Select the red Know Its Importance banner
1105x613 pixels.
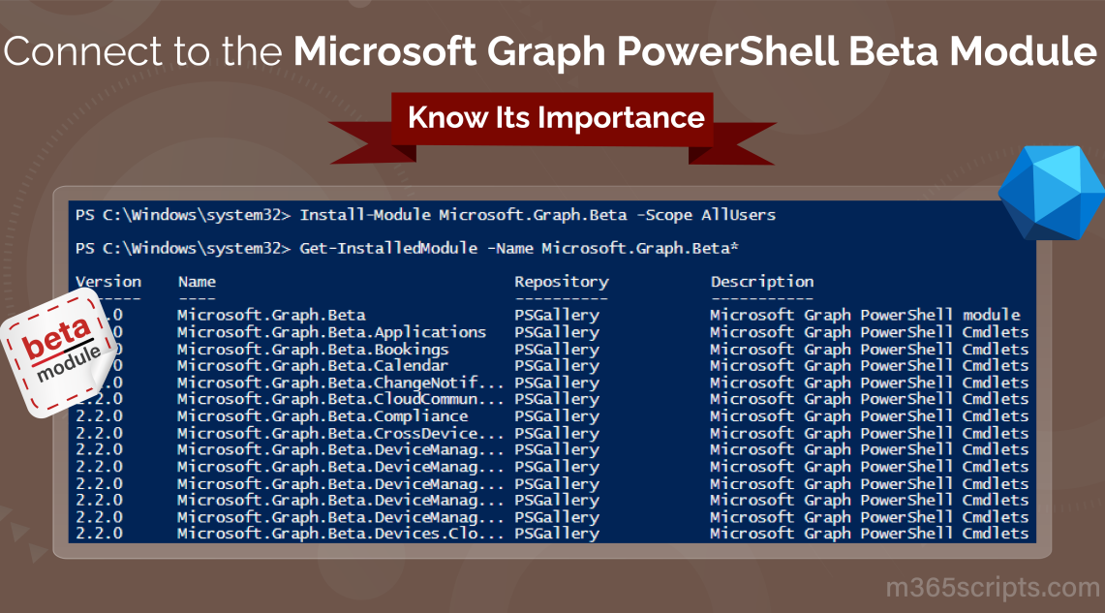click(x=555, y=118)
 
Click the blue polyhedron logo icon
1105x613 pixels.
click(x=1051, y=193)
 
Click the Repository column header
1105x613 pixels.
click(x=561, y=282)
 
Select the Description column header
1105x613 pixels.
click(x=761, y=282)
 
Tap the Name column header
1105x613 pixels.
click(x=197, y=282)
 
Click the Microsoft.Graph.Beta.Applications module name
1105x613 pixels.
click(x=331, y=332)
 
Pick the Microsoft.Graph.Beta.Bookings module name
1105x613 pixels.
click(x=312, y=349)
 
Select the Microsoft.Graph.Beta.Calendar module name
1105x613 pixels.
click(x=312, y=366)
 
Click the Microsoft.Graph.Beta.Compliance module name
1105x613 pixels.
click(x=322, y=416)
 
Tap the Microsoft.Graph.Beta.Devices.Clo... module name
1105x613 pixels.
click(x=340, y=534)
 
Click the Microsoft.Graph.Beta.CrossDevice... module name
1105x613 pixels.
click(x=340, y=433)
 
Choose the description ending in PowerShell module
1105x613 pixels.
click(x=865, y=315)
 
